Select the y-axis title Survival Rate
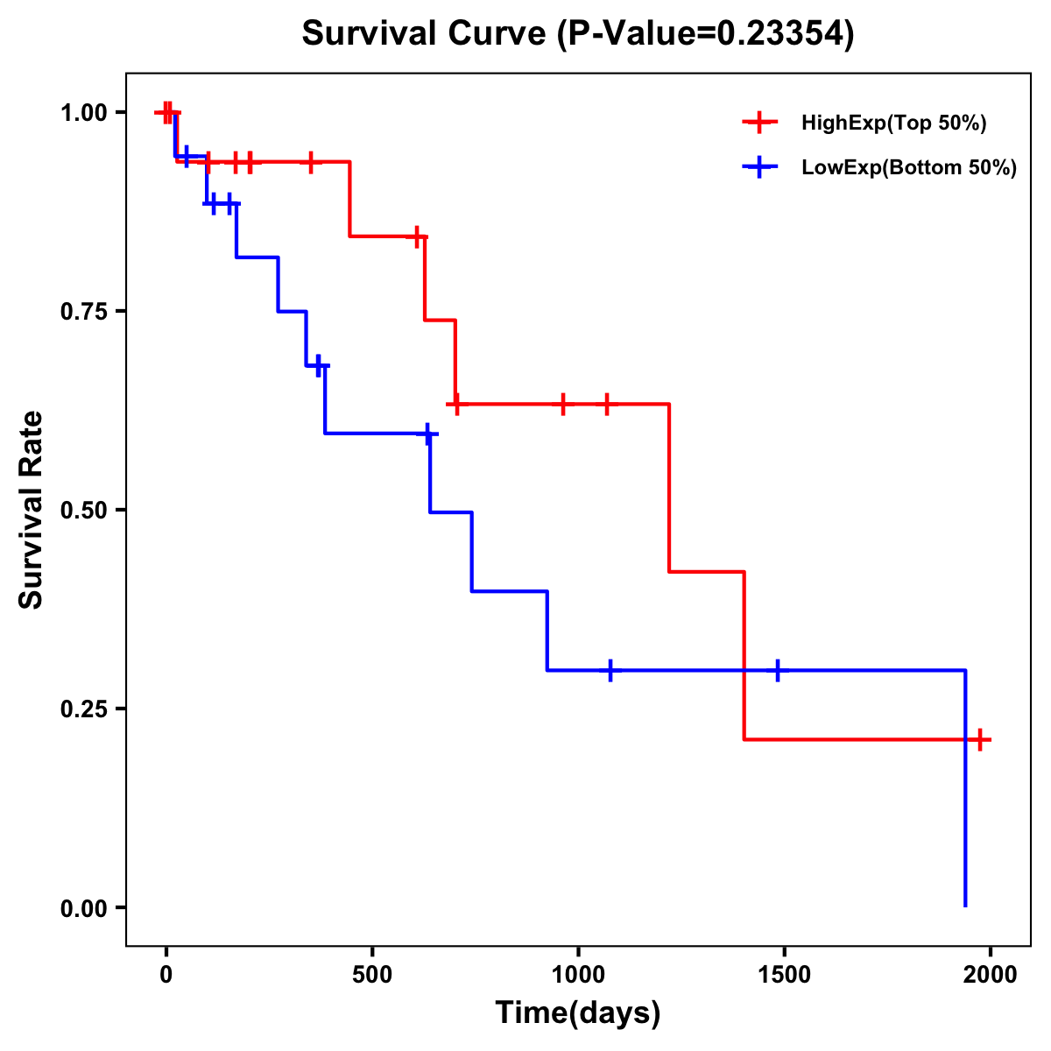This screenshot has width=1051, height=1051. click(32, 510)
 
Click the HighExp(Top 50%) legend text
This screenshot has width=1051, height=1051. click(893, 123)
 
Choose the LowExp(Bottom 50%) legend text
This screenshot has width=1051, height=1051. click(909, 167)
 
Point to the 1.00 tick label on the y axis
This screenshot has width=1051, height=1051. click(83, 113)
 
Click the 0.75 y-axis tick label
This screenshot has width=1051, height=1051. click(83, 312)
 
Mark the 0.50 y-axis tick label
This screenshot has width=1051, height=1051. click(83, 511)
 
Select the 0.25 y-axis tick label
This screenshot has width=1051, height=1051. click(83, 709)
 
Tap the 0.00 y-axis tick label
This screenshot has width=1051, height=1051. click(83, 908)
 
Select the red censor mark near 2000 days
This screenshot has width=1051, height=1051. click(980, 740)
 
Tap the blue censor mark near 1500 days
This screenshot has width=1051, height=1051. click(777, 670)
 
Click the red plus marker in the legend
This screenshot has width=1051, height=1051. click(760, 123)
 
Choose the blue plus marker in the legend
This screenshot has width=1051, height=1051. click(760, 167)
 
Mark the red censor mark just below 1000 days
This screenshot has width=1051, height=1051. click(563, 404)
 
